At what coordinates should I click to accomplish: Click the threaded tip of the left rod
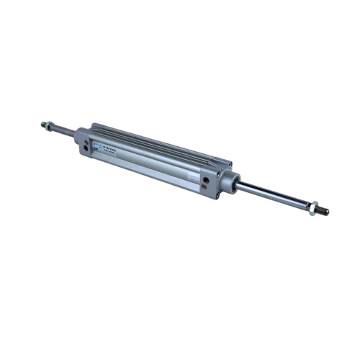click(x=44, y=123)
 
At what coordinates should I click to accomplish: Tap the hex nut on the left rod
click(x=50, y=126)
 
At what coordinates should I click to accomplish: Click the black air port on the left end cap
click(x=87, y=145)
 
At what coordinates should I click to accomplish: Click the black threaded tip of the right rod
click(x=323, y=212)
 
